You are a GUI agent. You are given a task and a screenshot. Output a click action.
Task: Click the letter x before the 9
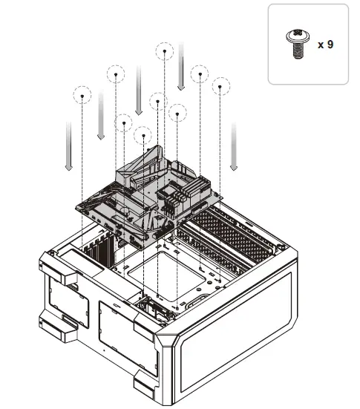coord(321,45)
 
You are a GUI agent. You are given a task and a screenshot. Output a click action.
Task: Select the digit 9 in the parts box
coord(330,45)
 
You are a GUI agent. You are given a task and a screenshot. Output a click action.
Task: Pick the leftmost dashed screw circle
coord(82,95)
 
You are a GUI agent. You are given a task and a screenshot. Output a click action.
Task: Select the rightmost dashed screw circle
coord(220,87)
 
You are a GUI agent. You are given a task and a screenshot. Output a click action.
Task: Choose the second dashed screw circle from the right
coord(199,74)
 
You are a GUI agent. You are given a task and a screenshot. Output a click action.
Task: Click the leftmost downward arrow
coord(68,145)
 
